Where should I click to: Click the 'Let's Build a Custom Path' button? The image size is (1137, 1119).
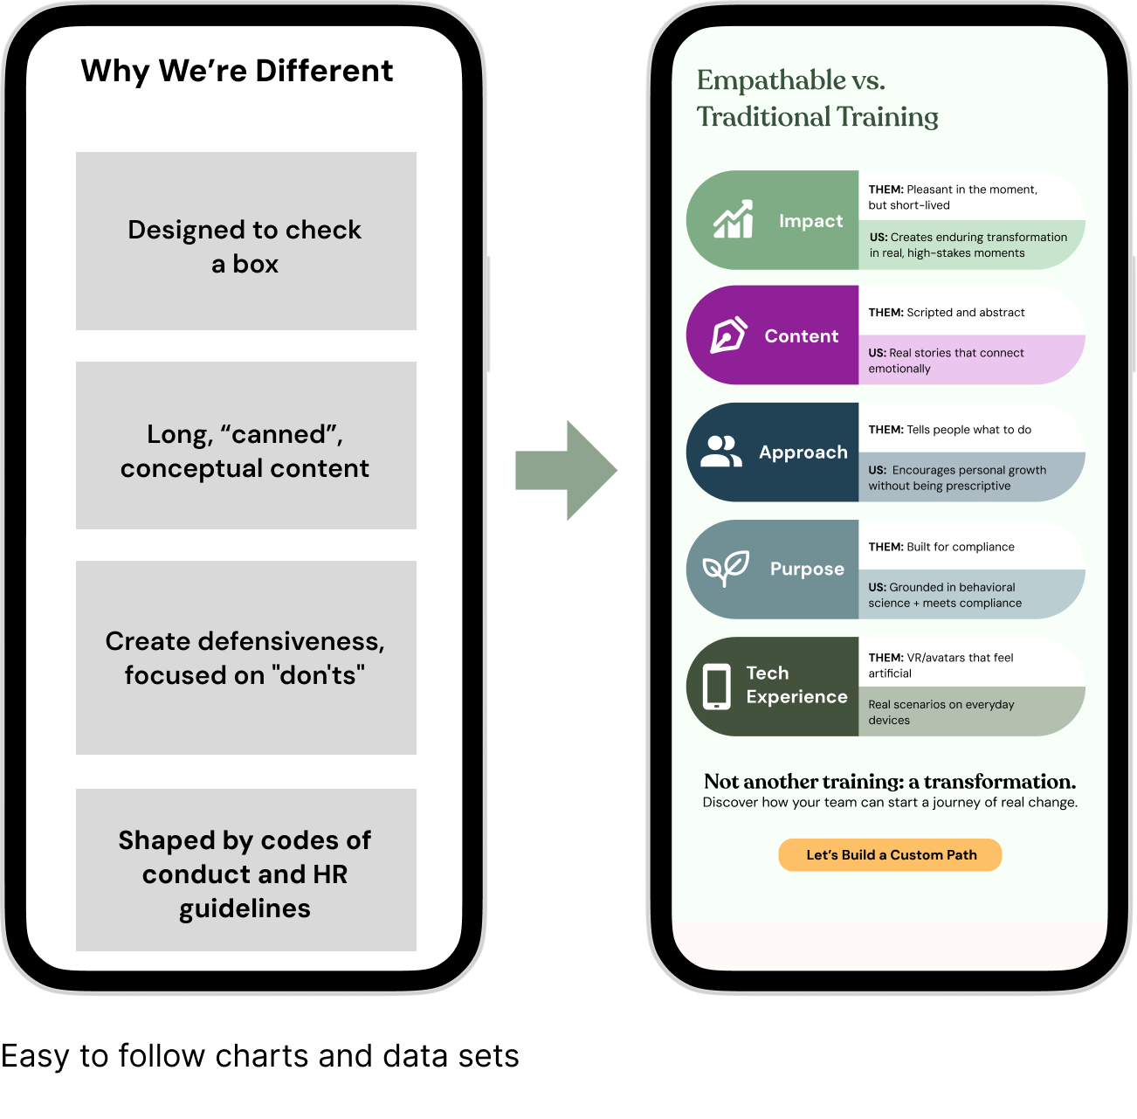(x=890, y=855)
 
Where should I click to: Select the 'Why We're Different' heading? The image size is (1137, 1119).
(x=237, y=71)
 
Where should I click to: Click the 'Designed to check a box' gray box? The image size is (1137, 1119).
(x=245, y=241)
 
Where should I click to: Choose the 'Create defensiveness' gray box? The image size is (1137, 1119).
(x=245, y=658)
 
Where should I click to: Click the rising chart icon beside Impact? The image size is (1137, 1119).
(x=733, y=220)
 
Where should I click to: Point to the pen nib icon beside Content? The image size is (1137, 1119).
(x=728, y=335)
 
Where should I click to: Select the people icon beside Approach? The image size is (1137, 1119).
(x=721, y=452)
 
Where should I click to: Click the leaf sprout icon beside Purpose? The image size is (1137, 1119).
(x=726, y=569)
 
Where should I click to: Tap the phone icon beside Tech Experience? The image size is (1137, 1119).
(x=717, y=687)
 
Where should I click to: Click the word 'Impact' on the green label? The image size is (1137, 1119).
(x=811, y=221)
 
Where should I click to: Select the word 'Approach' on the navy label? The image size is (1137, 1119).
(x=803, y=452)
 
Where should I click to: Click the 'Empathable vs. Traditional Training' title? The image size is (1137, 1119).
(x=817, y=98)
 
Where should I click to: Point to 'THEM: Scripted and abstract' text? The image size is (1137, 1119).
(x=947, y=313)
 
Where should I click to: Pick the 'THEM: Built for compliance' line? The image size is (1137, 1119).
(x=941, y=547)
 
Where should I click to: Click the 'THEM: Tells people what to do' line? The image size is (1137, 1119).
(x=950, y=430)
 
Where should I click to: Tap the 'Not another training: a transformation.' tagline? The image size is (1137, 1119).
(x=890, y=782)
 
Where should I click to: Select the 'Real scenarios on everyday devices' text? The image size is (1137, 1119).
(x=941, y=712)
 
